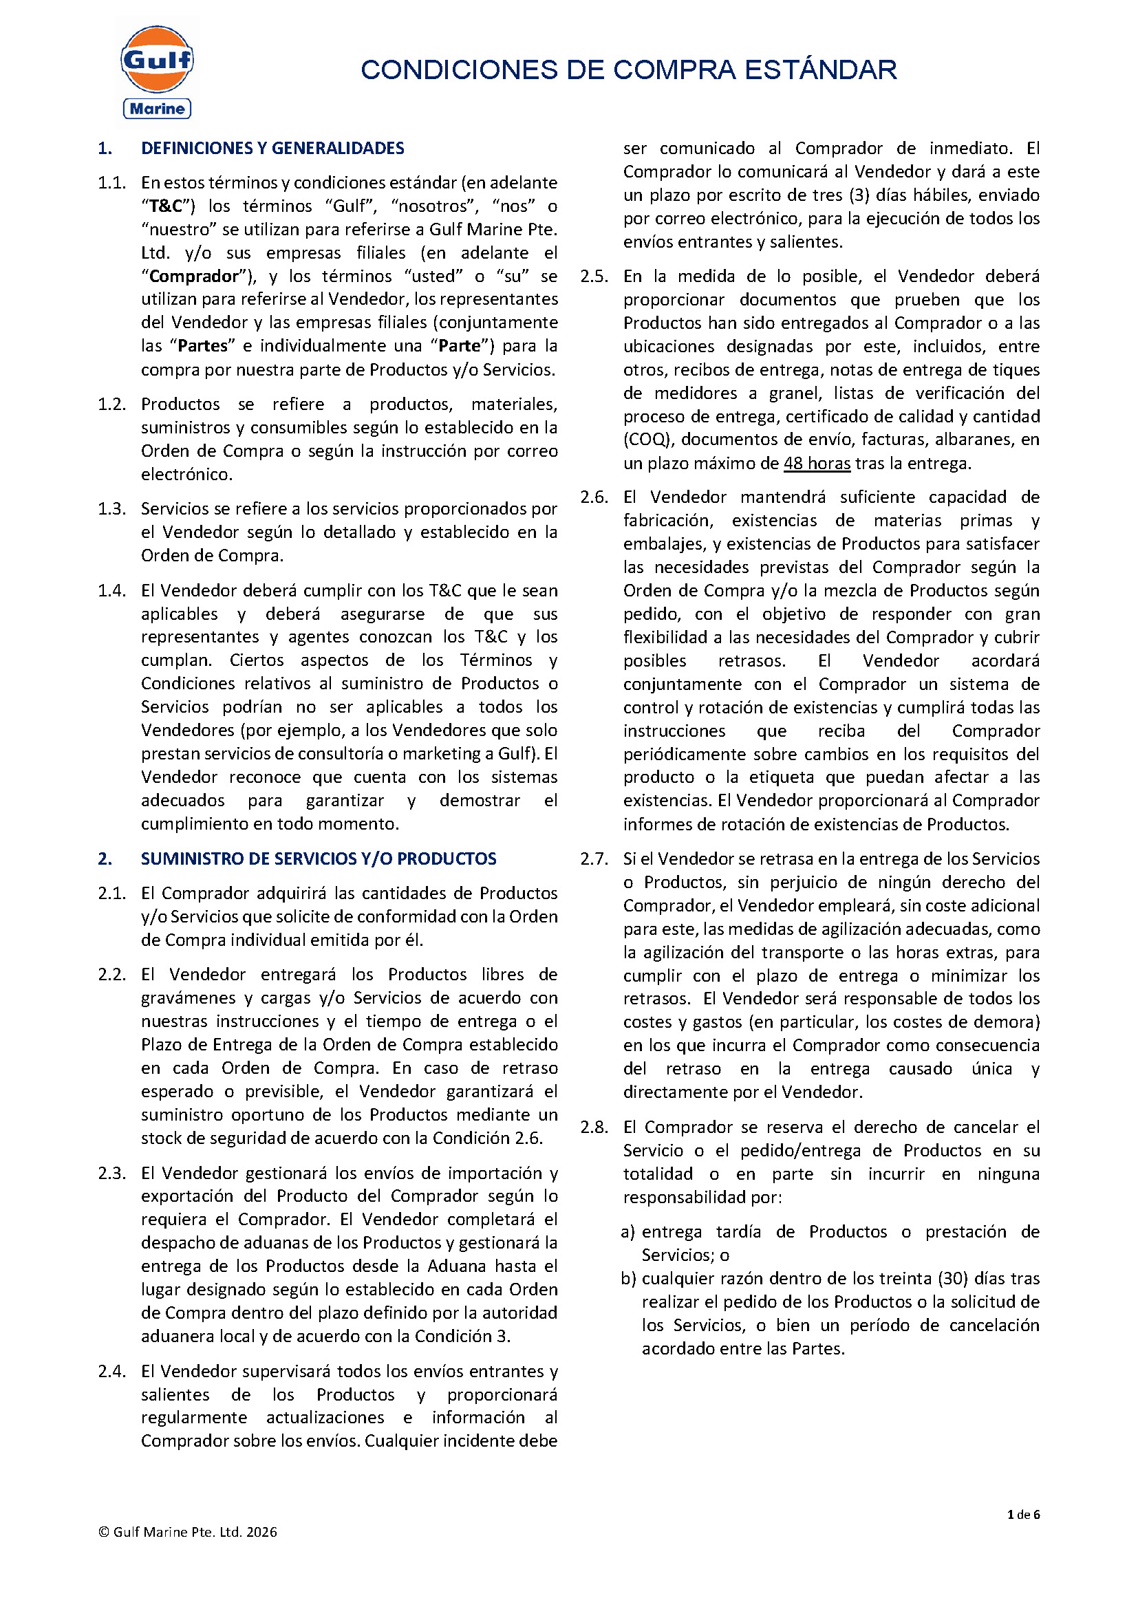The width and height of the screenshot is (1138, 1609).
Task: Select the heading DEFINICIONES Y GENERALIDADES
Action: coord(272,148)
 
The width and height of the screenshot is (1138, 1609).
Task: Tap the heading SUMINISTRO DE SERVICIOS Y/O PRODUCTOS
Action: coord(319,859)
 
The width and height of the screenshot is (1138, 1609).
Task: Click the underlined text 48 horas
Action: coord(817,463)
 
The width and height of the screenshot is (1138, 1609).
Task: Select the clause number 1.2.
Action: coord(111,404)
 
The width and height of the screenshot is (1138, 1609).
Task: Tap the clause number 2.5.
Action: coord(594,276)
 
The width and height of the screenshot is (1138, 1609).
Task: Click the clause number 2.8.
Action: coord(594,1127)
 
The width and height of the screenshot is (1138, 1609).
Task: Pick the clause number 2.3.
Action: coord(111,1173)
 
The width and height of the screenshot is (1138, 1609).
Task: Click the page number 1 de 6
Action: coord(1023,1514)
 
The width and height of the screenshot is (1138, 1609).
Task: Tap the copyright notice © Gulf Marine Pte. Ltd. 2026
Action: coord(188,1532)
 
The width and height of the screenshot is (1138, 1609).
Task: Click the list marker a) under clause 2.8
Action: coord(628,1232)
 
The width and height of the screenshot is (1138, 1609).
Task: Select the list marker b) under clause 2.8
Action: coord(628,1278)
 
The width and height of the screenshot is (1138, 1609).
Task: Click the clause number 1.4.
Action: coord(111,591)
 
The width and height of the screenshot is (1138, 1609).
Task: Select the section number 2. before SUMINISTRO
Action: coord(105,859)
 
